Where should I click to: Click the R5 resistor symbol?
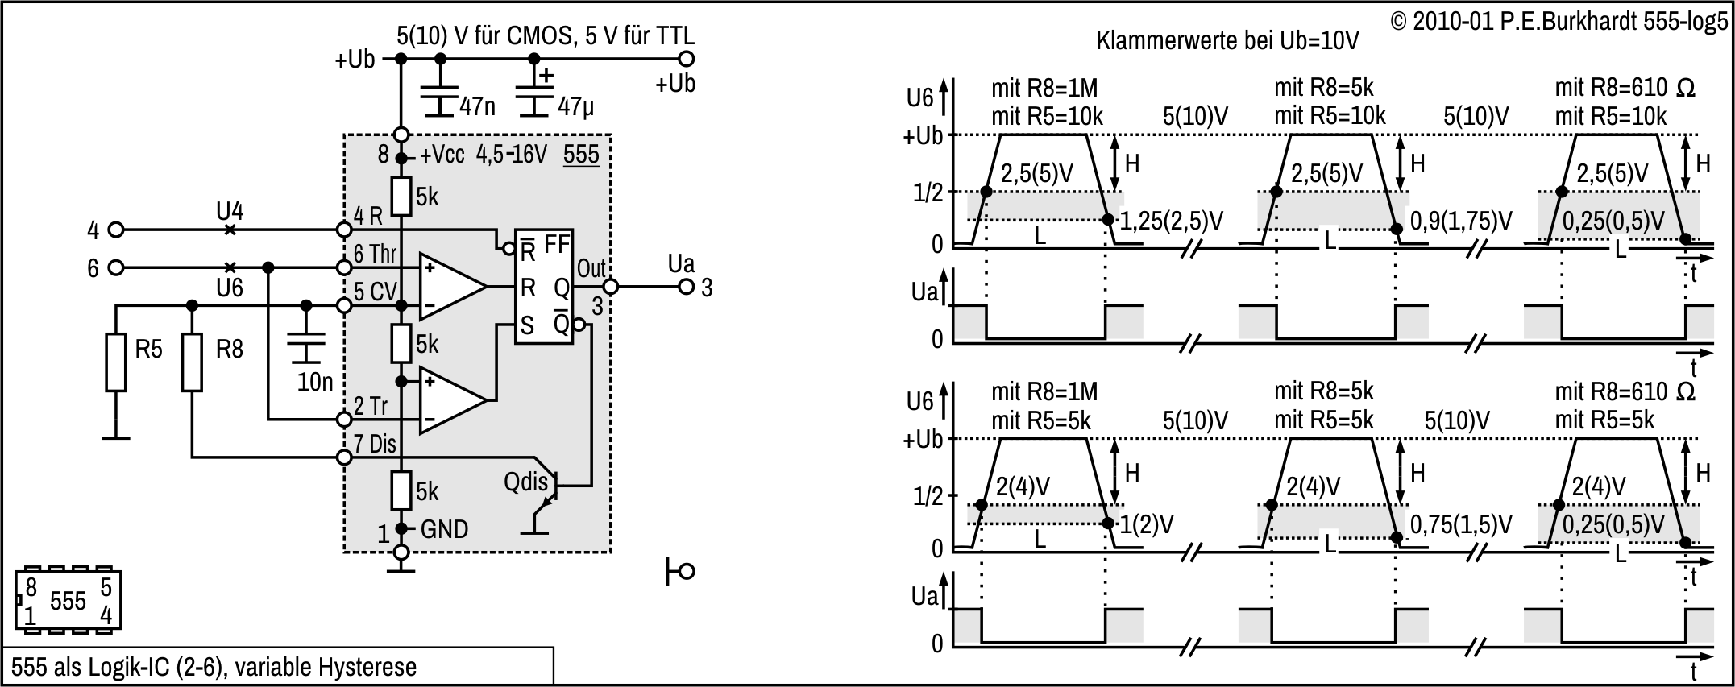click(x=116, y=362)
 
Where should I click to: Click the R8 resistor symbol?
click(x=192, y=362)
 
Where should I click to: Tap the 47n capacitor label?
click(x=477, y=106)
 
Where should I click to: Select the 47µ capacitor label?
click(x=575, y=106)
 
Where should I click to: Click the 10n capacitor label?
click(x=315, y=382)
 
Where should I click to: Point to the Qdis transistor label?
click(x=525, y=482)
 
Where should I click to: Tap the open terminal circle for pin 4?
click(x=116, y=230)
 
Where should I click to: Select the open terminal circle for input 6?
click(x=116, y=267)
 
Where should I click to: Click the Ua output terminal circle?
click(x=686, y=287)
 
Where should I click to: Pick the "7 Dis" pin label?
click(x=375, y=444)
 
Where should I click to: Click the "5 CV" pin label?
click(x=375, y=292)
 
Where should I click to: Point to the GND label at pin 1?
click(x=444, y=529)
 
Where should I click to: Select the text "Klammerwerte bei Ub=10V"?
click(x=1227, y=41)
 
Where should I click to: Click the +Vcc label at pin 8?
click(x=442, y=155)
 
